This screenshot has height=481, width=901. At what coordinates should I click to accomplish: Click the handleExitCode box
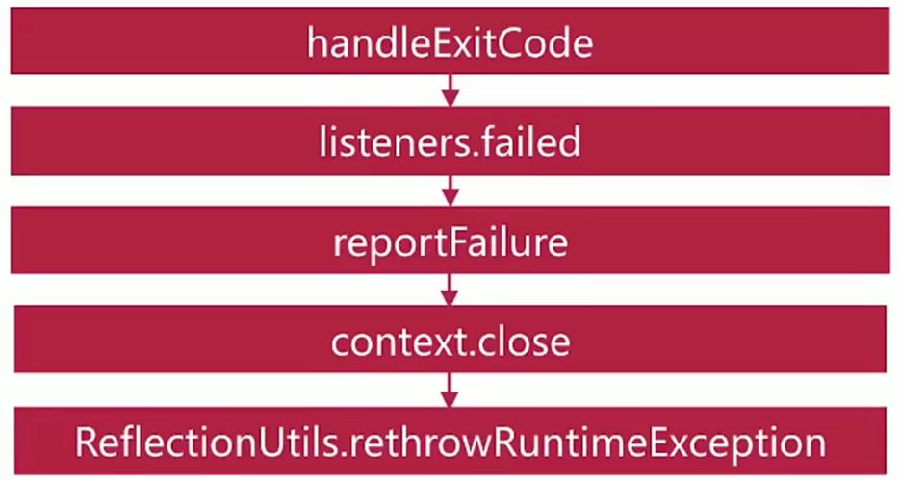click(x=450, y=40)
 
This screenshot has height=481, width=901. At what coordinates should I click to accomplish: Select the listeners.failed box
click(x=450, y=140)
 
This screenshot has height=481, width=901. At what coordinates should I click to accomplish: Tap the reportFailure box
click(x=450, y=240)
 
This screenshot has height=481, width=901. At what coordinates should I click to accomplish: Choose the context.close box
click(x=450, y=340)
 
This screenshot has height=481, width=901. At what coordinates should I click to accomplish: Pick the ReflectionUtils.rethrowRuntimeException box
click(x=450, y=441)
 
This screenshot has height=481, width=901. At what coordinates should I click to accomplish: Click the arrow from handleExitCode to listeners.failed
click(x=450, y=90)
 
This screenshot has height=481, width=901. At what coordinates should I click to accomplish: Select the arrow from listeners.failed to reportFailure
click(x=450, y=190)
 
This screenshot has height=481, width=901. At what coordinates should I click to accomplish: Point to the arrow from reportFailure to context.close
click(x=450, y=290)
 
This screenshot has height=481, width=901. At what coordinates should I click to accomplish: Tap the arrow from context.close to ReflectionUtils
click(x=450, y=390)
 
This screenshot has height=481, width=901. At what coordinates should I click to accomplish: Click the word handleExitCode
click(x=450, y=42)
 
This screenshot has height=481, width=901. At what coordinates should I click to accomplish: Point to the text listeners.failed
click(x=450, y=141)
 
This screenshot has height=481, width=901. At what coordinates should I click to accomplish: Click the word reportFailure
click(x=450, y=243)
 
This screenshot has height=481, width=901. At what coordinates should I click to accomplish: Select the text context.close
click(x=450, y=342)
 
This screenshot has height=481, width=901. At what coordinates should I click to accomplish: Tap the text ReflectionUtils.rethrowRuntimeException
click(x=450, y=443)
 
